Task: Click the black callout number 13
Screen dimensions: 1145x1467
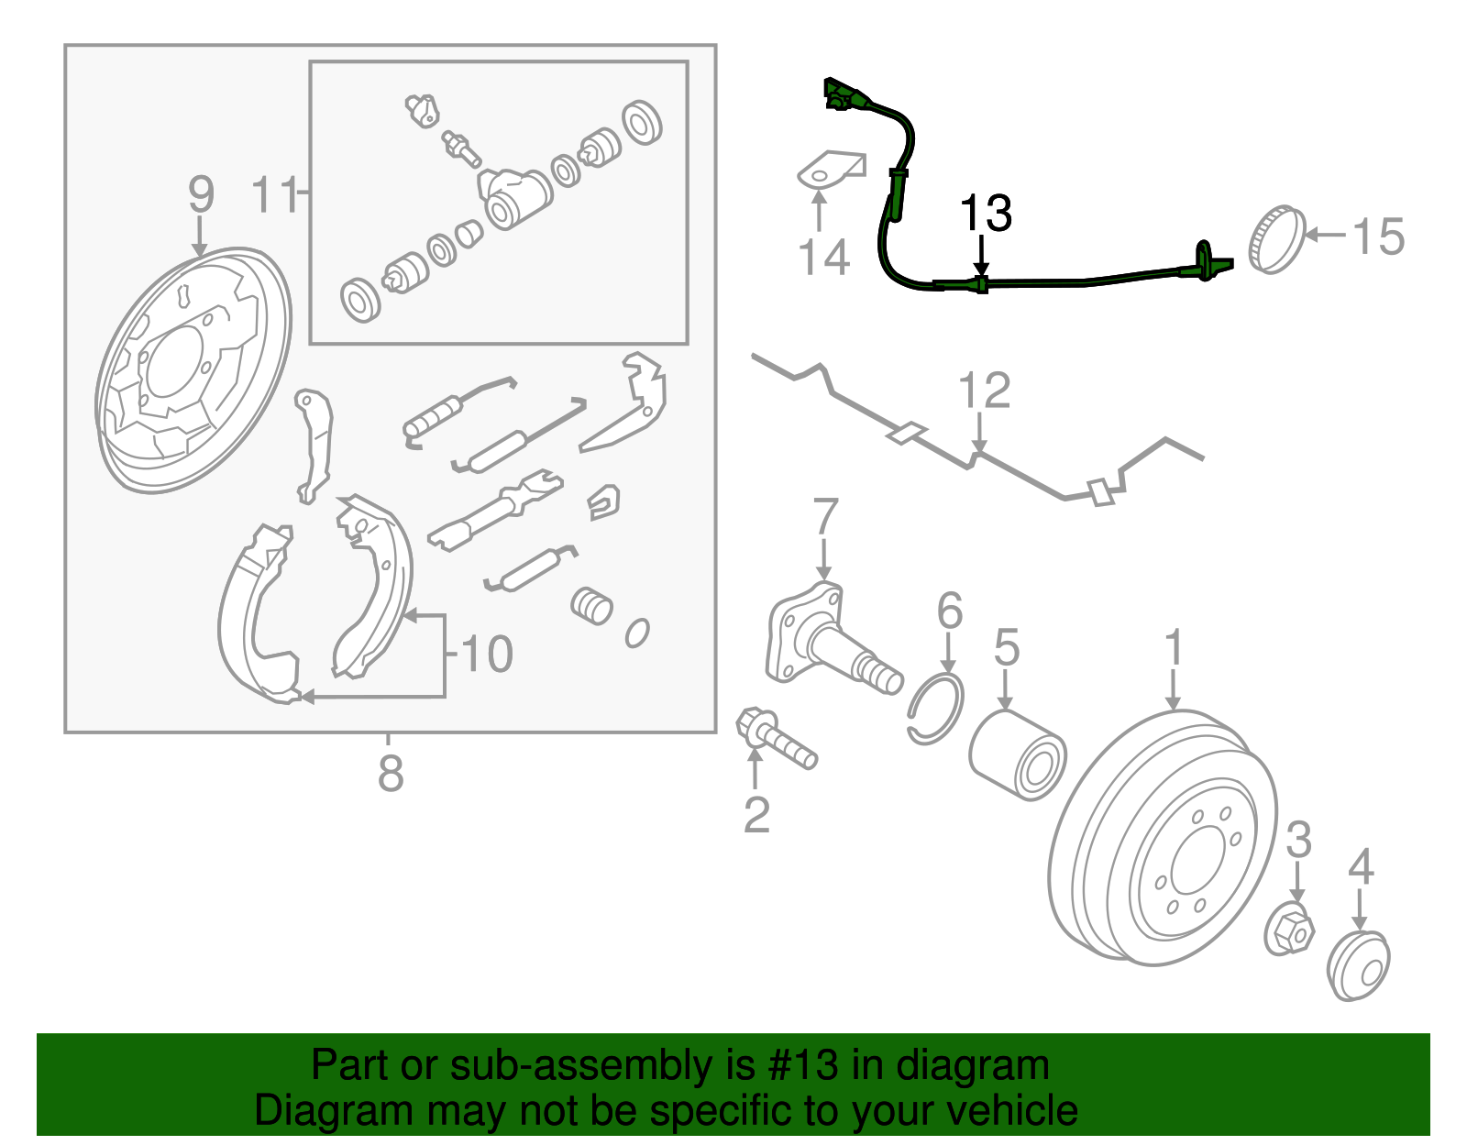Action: [x=985, y=214]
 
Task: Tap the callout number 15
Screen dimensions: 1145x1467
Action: [x=1378, y=237]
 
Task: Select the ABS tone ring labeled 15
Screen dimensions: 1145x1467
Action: [x=1276, y=239]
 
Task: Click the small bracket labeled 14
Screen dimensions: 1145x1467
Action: [x=831, y=171]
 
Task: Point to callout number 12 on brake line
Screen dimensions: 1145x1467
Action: [x=984, y=391]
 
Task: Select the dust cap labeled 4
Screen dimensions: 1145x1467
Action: [x=1358, y=964]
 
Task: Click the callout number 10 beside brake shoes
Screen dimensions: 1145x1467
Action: [x=487, y=655]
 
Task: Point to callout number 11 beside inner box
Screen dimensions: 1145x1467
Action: [x=276, y=194]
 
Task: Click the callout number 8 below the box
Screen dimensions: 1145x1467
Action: [x=391, y=774]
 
